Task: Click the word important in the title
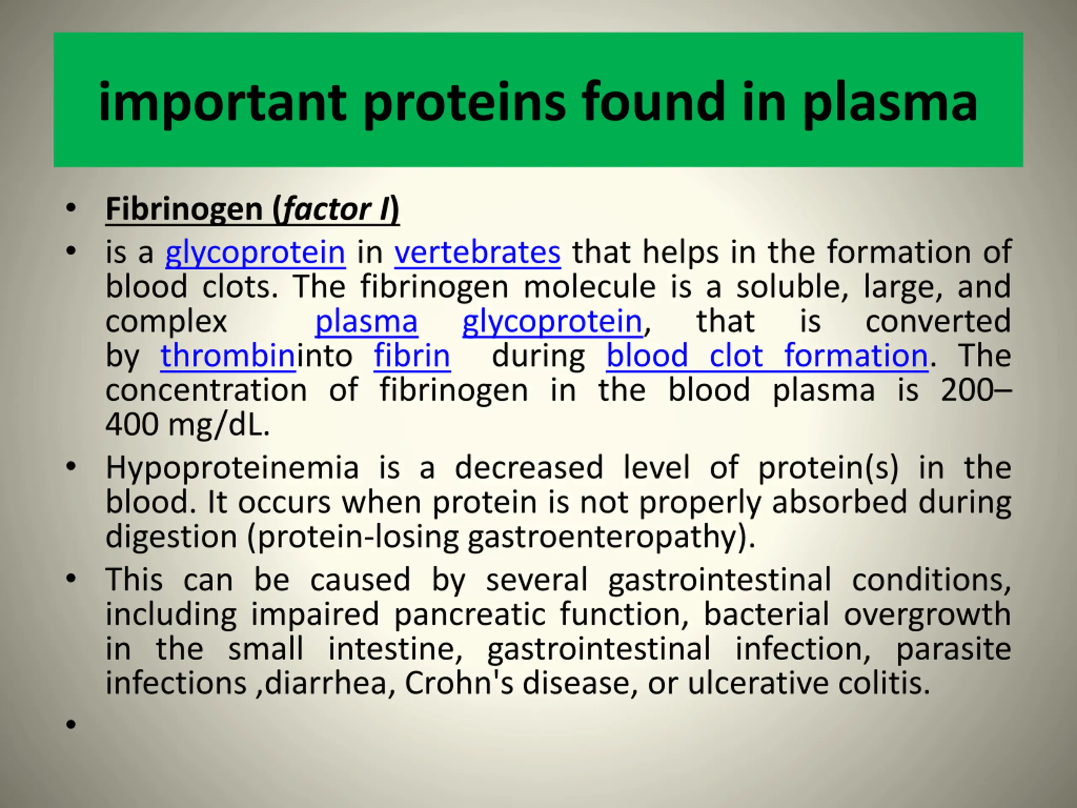point(223,103)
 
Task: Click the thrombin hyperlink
point(228,356)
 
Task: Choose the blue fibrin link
point(412,356)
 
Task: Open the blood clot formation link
point(767,356)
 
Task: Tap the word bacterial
point(767,614)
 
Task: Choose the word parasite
point(953,649)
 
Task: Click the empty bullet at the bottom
point(71,724)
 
